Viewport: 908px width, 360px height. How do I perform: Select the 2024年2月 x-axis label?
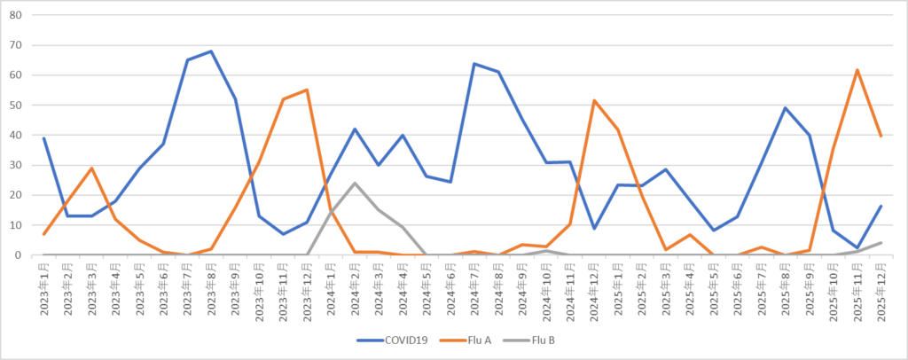click(x=355, y=289)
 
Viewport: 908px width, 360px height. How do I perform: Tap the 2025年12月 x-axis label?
click(x=881, y=289)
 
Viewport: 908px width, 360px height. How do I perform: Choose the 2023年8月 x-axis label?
click(x=211, y=289)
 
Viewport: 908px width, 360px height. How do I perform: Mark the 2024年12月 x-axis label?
click(x=593, y=289)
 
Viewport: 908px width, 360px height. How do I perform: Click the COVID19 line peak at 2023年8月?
click(x=211, y=51)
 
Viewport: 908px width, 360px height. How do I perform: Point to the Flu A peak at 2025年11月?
click(x=857, y=70)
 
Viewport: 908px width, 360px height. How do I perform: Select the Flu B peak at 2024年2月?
click(x=355, y=184)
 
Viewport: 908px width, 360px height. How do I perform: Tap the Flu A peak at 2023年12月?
click(x=307, y=90)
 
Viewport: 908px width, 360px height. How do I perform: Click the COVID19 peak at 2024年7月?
click(x=474, y=64)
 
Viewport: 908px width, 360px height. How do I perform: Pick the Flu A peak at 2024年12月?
click(x=593, y=100)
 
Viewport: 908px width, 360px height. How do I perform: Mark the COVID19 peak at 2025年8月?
click(x=785, y=108)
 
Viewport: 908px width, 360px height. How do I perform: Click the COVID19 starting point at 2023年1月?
click(x=44, y=138)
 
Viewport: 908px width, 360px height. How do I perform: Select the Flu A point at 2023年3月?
click(x=92, y=168)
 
